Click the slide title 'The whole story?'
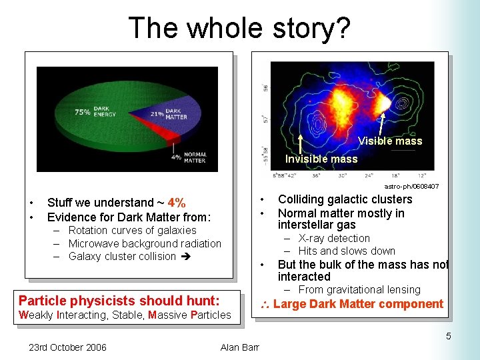click(239, 28)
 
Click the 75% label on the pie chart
click(82, 112)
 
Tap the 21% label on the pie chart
click(157, 115)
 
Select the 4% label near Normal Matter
click(175, 157)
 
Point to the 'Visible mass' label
click(389, 141)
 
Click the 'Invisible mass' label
click(321, 159)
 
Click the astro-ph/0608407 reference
click(411, 186)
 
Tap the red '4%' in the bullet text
click(177, 203)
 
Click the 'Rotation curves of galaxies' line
click(132, 230)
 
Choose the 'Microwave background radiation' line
click(145, 243)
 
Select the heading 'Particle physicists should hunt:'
click(119, 301)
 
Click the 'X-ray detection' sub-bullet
click(334, 238)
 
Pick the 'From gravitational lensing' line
click(359, 289)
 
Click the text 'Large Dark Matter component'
click(358, 304)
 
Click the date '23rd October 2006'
click(67, 347)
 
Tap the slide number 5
click(449, 336)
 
